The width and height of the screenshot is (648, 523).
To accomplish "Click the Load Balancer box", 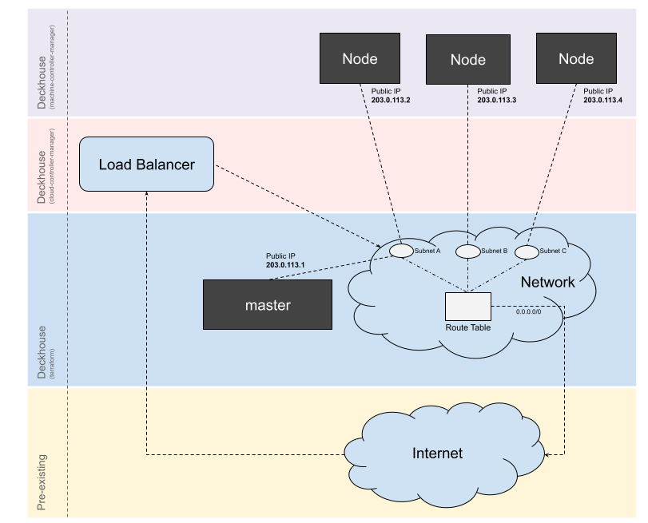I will pos(147,164).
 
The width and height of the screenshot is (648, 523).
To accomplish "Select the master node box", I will pos(268,305).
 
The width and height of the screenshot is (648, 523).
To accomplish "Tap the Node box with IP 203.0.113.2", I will pos(360,58).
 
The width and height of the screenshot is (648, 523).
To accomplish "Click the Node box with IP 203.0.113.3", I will pos(467,60).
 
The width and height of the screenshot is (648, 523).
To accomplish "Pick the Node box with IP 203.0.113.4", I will pos(576,58).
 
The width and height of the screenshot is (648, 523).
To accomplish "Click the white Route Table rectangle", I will pos(468,307).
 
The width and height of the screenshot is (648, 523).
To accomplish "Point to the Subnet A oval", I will pos(401,251).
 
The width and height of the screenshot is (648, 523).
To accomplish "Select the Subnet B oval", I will pos(467,252).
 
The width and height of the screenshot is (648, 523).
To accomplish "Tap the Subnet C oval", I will pos(527,252).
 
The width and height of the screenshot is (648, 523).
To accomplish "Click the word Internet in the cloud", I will pos(437,454).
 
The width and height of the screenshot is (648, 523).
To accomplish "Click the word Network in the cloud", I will pos(547,282).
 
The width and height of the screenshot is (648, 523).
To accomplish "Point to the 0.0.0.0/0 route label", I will pos(529,312).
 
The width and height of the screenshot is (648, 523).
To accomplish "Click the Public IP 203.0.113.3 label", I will pos(496,97).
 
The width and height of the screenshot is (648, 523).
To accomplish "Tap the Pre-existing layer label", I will pos(42,481).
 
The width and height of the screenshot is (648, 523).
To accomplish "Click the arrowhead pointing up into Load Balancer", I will pos(147,195).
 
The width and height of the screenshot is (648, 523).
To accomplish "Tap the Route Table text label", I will pos(468,327).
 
